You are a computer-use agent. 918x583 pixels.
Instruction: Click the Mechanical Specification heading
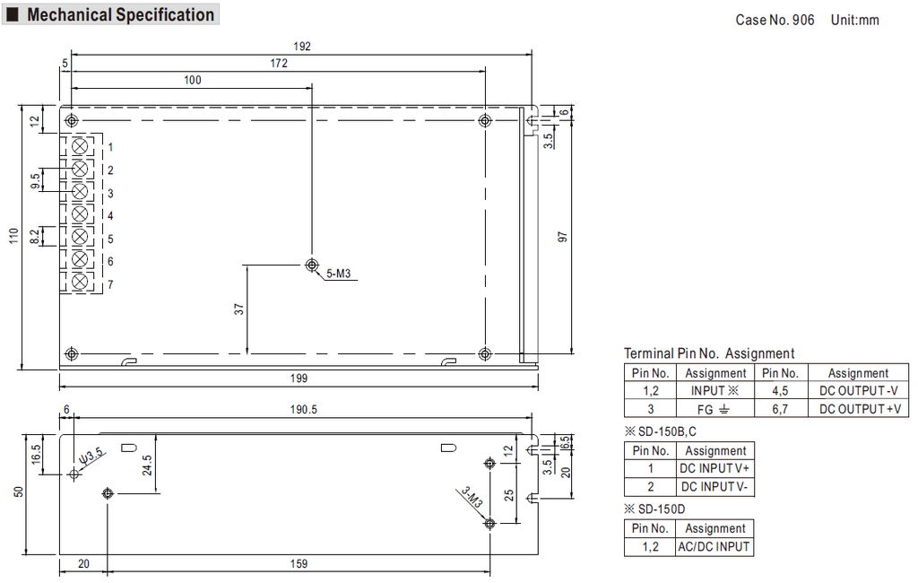tap(121, 14)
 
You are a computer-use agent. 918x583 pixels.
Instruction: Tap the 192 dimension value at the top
tap(302, 47)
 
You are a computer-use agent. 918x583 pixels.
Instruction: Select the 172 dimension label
tap(279, 64)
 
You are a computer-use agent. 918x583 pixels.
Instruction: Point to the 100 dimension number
tap(193, 80)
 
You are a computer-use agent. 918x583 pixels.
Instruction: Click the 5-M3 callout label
tap(338, 274)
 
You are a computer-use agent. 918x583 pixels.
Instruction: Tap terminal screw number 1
tap(80, 146)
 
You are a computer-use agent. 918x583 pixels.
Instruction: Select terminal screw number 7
tap(80, 282)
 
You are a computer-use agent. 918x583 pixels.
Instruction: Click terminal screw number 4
tap(80, 213)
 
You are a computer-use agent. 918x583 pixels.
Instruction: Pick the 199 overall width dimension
tap(299, 379)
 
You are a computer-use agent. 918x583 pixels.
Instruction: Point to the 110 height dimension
tap(14, 237)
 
